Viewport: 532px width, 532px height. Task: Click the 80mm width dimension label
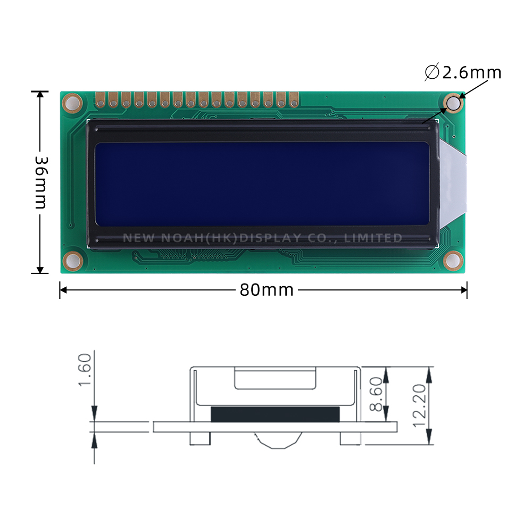point(266,290)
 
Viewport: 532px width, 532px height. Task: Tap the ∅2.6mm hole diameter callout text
point(463,72)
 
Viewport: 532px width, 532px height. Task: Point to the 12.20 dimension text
point(420,405)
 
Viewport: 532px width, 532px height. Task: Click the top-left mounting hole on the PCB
point(72,103)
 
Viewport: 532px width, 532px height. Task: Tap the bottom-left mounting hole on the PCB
point(72,260)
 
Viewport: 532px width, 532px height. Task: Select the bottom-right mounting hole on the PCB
point(453,260)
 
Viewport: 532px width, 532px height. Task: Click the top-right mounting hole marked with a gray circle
point(453,104)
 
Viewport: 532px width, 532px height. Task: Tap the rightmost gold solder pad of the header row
point(294,99)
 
